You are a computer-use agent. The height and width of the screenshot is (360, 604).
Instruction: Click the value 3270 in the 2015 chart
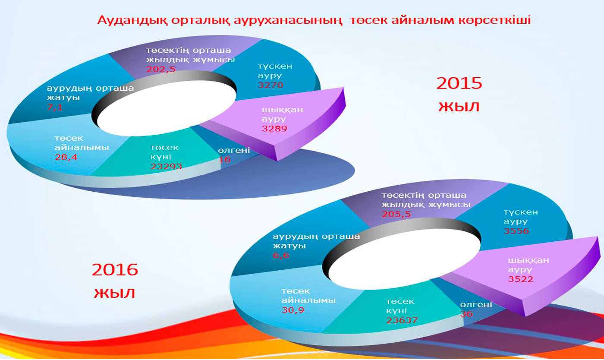271,85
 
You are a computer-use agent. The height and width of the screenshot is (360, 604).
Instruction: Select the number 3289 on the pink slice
274,129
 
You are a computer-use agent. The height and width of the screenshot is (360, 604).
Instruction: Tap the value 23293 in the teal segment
166,166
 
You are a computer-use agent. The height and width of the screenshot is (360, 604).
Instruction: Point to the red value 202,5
160,69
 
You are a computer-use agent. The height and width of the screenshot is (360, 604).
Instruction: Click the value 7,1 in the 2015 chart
55,107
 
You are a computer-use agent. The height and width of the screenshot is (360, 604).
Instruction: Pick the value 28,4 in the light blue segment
66,157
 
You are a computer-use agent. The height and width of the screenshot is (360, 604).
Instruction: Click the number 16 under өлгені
224,159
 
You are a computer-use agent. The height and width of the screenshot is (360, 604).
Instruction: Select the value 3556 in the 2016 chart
516,231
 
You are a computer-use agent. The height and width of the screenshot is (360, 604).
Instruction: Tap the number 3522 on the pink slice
521,279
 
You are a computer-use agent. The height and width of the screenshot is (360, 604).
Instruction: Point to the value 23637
402,320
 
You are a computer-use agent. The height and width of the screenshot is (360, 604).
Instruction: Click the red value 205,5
396,214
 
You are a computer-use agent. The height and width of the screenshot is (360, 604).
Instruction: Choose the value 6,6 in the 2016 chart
281,255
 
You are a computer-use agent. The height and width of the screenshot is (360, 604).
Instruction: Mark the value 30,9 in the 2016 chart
293,310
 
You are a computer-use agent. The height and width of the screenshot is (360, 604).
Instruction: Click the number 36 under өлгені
466,313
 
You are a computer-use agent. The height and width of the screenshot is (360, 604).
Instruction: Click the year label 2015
459,83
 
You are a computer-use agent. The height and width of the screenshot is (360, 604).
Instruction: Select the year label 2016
115,270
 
